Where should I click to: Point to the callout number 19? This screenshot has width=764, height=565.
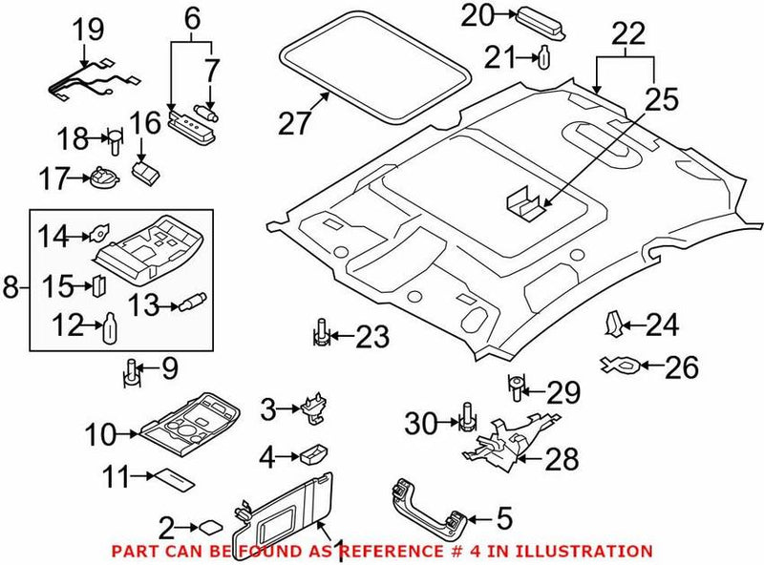tap(89, 30)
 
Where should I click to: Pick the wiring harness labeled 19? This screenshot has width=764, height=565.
tap(86, 81)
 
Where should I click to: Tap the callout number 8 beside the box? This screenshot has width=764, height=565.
tap(11, 286)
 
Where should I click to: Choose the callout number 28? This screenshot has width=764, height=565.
tap(562, 459)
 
